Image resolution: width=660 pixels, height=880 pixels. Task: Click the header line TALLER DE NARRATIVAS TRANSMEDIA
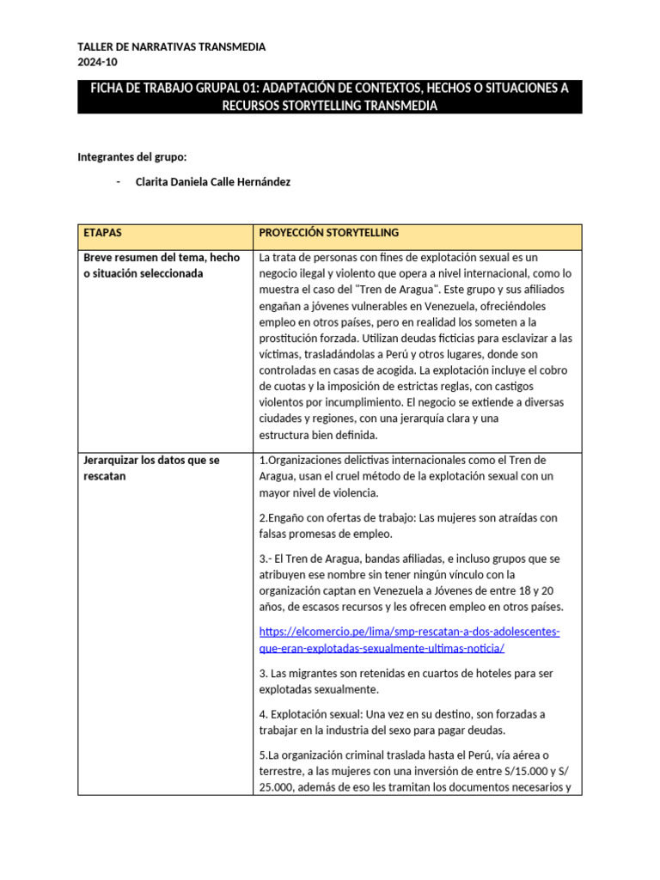click(172, 47)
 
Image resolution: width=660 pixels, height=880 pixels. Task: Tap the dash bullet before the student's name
click(118, 181)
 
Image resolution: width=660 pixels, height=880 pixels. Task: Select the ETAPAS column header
click(103, 234)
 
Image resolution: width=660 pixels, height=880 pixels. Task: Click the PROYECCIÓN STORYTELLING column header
click(329, 234)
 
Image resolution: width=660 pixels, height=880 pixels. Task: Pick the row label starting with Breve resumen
click(160, 265)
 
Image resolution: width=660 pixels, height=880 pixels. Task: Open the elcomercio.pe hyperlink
click(409, 640)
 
